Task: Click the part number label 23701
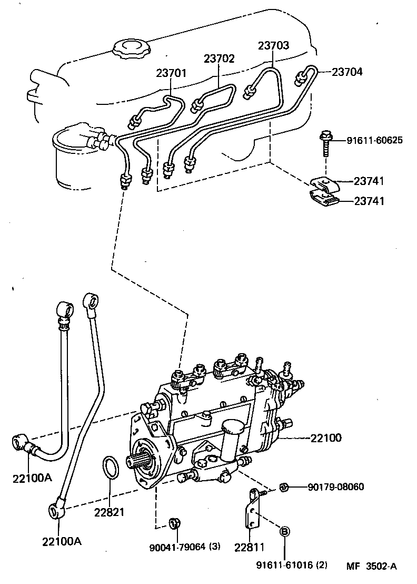171,73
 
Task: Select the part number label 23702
219,59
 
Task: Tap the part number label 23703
273,46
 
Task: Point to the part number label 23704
347,72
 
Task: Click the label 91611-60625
375,140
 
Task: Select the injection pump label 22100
325,437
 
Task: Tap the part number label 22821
110,512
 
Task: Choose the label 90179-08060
336,487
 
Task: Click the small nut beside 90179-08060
283,486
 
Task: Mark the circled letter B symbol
283,531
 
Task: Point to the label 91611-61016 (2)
292,566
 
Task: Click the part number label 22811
250,547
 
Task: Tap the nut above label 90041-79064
173,523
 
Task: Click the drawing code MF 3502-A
371,566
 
